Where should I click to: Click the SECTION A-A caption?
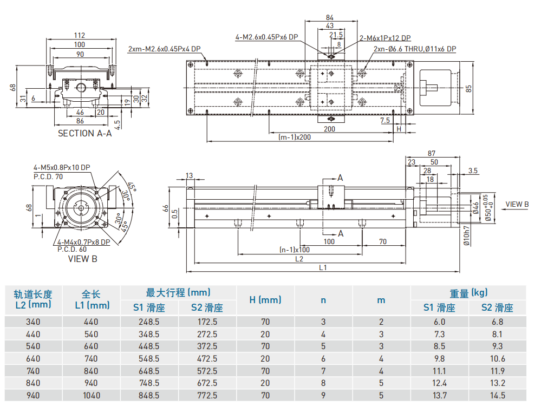click(x=84, y=134)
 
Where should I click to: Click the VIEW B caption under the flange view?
click(x=83, y=259)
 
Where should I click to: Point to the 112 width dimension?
click(x=80, y=36)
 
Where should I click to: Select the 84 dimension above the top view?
click(x=330, y=18)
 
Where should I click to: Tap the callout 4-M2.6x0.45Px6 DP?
click(x=267, y=37)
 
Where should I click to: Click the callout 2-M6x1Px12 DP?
click(x=385, y=38)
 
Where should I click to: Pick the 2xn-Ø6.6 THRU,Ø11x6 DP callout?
click(x=415, y=49)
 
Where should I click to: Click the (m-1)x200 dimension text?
click(x=295, y=137)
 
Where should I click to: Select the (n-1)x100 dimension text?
click(x=295, y=250)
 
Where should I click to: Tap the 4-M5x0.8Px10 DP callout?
click(x=62, y=168)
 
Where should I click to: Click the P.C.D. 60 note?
click(x=71, y=250)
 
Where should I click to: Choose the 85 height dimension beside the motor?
click(x=469, y=87)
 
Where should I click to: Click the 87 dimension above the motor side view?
click(x=432, y=154)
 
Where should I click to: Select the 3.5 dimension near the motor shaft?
click(x=473, y=171)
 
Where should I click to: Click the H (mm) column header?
click(x=265, y=300)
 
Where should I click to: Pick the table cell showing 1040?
click(x=92, y=396)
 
